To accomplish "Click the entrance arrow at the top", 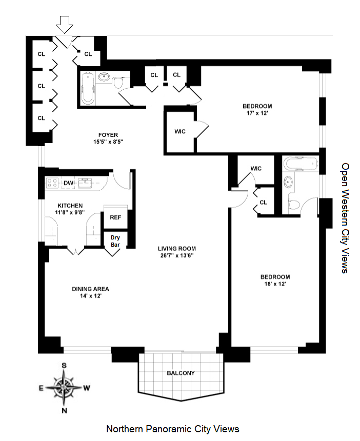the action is click(64, 24).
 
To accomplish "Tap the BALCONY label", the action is click(181, 373).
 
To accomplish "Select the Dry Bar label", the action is click(115, 241).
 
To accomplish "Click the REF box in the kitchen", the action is click(115, 217).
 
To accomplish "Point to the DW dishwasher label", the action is click(68, 183).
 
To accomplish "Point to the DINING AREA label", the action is click(90, 289).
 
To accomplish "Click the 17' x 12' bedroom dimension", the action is click(257, 114).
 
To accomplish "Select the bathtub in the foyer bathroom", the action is click(88, 88).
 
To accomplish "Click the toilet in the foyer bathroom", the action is click(119, 84).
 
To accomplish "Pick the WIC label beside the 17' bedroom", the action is click(180, 131).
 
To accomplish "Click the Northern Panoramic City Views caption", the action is click(172, 429).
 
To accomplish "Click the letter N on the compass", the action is click(65, 410).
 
